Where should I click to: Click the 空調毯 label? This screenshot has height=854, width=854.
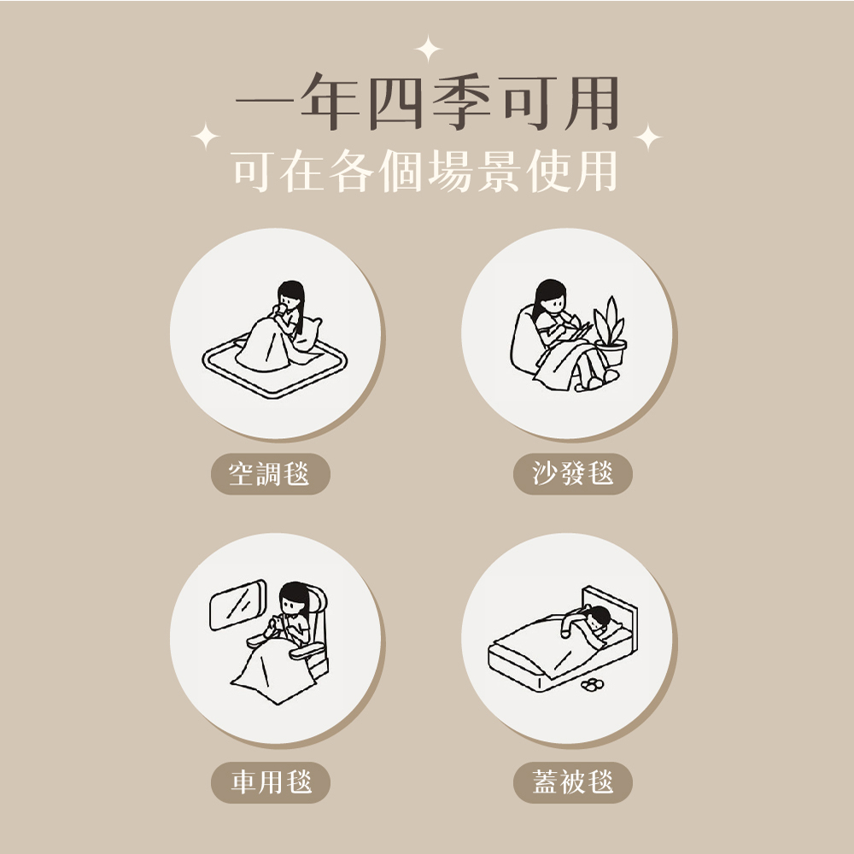tap(270, 474)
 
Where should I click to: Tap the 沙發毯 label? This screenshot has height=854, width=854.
tap(572, 474)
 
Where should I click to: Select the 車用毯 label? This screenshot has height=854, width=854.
tap(270, 782)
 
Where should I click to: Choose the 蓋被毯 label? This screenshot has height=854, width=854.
tap(572, 782)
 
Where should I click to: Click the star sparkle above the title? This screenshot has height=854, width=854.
tap(428, 49)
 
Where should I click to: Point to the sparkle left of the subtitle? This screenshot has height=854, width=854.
tap(206, 136)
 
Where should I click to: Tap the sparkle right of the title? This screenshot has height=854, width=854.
tap(648, 136)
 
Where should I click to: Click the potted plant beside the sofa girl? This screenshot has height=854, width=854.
tap(610, 332)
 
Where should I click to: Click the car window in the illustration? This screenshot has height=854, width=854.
tap(238, 605)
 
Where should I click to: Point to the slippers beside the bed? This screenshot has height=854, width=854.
tap(592, 685)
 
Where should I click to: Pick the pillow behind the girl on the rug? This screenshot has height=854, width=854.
tap(308, 333)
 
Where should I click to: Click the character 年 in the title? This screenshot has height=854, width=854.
tap(330, 102)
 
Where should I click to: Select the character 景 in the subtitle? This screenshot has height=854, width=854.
tap(500, 171)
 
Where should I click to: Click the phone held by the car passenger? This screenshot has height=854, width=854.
tap(276, 623)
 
